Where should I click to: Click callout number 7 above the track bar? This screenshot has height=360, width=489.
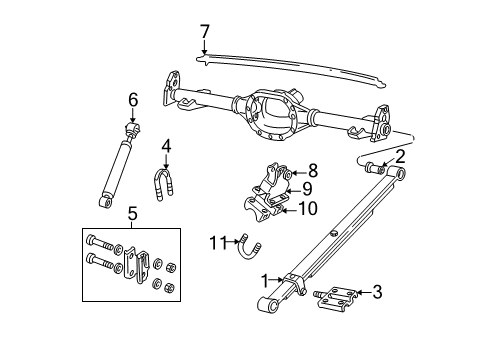tap(204, 32)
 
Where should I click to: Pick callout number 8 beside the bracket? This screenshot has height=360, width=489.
tap(312, 170)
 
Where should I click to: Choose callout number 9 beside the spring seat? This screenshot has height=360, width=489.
tap(309, 188)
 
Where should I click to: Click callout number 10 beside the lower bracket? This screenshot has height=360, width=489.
tap(308, 208)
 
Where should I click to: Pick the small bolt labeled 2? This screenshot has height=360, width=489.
tap(377, 166)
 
